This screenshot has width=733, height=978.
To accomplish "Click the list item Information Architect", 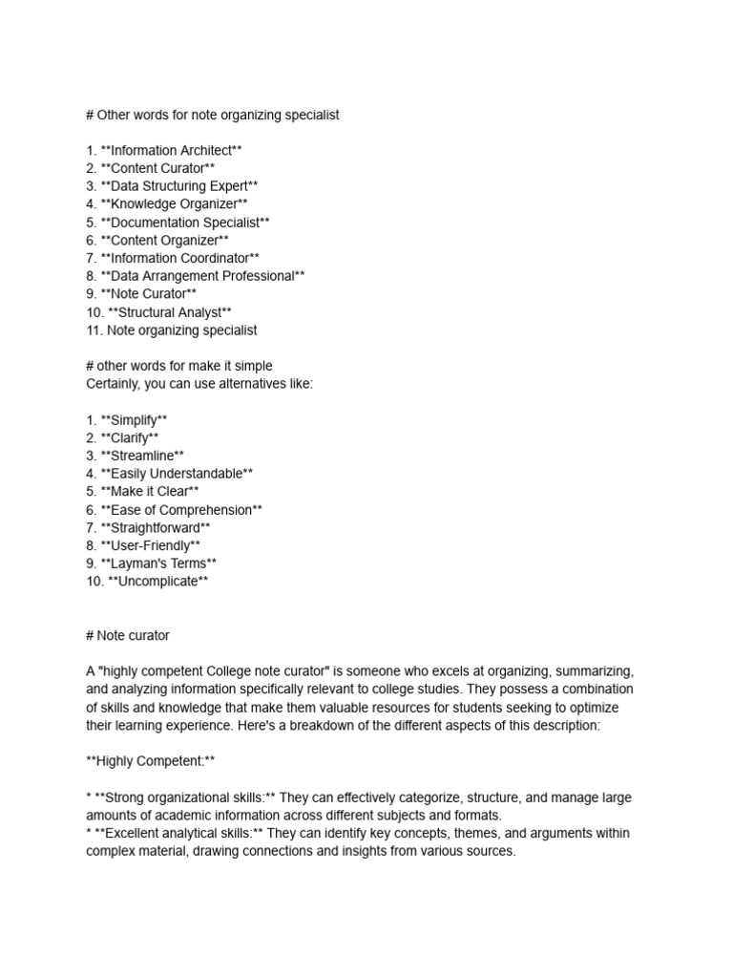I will pyautogui.click(x=171, y=150).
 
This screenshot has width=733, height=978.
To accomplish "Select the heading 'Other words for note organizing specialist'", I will pyautogui.click(x=212, y=115).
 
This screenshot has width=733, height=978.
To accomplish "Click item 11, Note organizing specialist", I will pyautogui.click(x=171, y=330).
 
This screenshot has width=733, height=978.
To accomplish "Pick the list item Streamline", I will pyautogui.click(x=148, y=456).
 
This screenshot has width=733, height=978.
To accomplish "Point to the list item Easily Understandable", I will pyautogui.click(x=177, y=474).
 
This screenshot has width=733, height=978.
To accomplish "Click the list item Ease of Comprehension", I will pyautogui.click(x=180, y=510).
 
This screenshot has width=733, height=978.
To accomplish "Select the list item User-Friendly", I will pyautogui.click(x=150, y=545).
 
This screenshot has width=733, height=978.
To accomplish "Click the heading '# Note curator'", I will pyautogui.click(x=128, y=635).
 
